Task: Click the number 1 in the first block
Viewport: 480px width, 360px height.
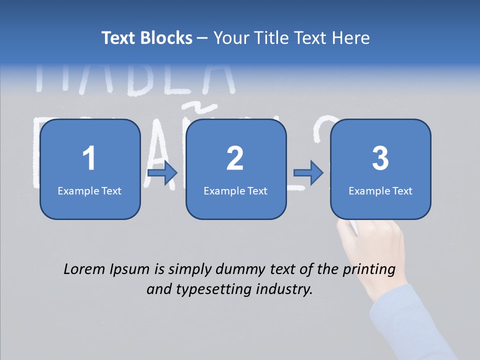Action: pos(89,158)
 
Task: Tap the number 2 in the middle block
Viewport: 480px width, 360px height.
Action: pos(235,158)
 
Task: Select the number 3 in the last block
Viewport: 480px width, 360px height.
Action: pos(380,158)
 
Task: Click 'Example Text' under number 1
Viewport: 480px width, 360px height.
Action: pos(89,190)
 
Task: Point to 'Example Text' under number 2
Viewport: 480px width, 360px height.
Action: pos(235,190)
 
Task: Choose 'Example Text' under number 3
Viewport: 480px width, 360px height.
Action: pos(380,190)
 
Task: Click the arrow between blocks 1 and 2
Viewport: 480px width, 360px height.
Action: pos(163,173)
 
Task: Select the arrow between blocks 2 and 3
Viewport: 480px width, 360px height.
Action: pos(308,173)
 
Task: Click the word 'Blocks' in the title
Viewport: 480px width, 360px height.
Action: pos(166,38)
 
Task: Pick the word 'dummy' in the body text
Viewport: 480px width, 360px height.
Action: pos(238,270)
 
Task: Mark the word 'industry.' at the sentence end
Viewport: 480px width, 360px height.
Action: pos(284,289)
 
